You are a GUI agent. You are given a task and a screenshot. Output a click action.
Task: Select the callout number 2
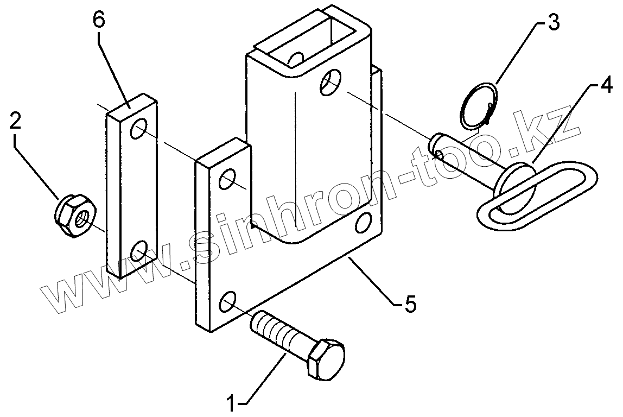pos(15,120)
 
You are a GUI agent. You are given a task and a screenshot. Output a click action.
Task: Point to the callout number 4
pos(606,86)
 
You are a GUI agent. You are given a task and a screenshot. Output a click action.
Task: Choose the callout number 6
pos(99,21)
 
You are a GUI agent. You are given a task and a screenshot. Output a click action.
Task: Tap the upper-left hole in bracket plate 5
pos(228,180)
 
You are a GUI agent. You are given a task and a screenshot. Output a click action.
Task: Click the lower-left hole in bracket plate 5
pos(228,301)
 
